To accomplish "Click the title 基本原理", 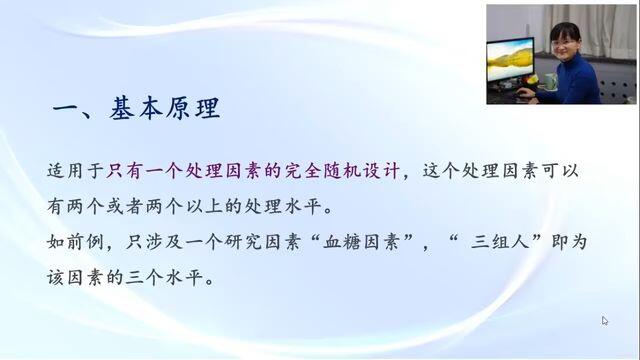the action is point(165,108).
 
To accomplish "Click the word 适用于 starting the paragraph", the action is point(75,171).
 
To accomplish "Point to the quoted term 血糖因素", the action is point(361,242).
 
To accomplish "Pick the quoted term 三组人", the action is point(500,242).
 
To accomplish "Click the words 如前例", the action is point(75,242).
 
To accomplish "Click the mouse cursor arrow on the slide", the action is point(604,321).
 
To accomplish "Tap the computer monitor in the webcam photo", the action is point(510,60).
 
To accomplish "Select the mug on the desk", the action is point(550,81).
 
